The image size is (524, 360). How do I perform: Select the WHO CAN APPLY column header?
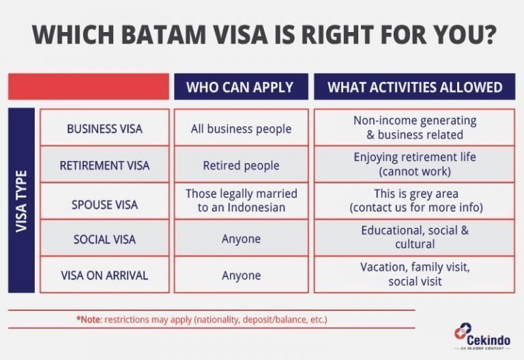[x=239, y=87]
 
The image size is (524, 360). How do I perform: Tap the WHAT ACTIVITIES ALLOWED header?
[x=415, y=87]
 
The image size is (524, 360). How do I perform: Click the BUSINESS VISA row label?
[x=104, y=128]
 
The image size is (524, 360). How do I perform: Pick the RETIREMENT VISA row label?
[x=104, y=165]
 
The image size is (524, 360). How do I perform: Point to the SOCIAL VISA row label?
[x=104, y=239]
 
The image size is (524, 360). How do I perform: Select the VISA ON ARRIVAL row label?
[x=104, y=275]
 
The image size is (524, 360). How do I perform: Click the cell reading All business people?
[x=242, y=128]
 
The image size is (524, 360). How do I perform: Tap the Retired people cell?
[x=242, y=165]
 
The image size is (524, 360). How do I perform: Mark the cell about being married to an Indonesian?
[x=242, y=201]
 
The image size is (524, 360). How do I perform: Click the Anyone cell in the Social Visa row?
[x=242, y=239]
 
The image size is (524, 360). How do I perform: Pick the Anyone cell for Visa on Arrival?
[x=242, y=275]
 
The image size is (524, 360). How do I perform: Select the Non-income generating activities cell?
[x=415, y=127]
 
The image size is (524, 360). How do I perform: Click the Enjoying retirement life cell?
[x=415, y=164]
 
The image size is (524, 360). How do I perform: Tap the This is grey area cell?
[x=415, y=201]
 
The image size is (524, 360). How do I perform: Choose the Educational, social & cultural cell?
[x=415, y=238]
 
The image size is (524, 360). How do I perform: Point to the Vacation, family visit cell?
[x=415, y=275]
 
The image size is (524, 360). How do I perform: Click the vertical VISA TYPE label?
[x=22, y=201]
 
